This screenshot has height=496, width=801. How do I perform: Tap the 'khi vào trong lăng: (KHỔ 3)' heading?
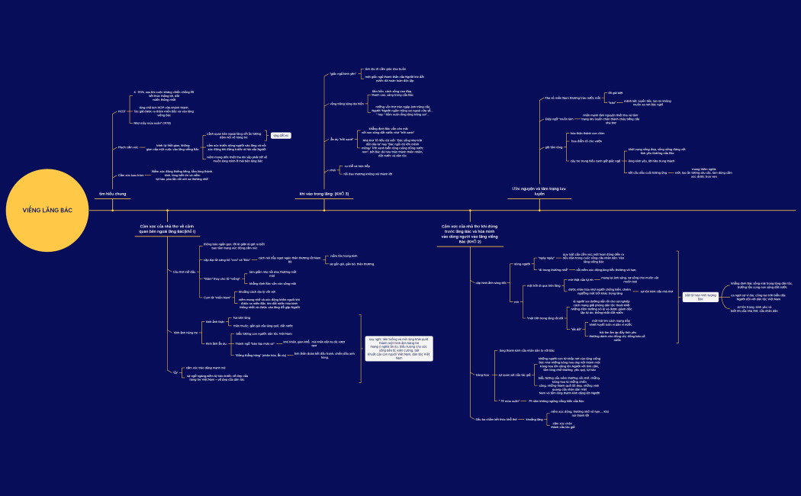(324, 195)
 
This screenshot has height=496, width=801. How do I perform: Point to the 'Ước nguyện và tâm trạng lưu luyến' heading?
(539, 191)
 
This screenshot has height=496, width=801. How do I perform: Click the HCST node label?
(122, 111)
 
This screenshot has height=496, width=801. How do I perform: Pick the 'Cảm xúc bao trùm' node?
(130, 176)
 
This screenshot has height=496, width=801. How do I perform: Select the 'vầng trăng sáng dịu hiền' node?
(346, 103)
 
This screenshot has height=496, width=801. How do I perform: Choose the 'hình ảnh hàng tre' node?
(186, 333)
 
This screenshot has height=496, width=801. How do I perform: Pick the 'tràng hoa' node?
(481, 375)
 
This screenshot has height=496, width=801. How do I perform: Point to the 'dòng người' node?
(522, 263)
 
